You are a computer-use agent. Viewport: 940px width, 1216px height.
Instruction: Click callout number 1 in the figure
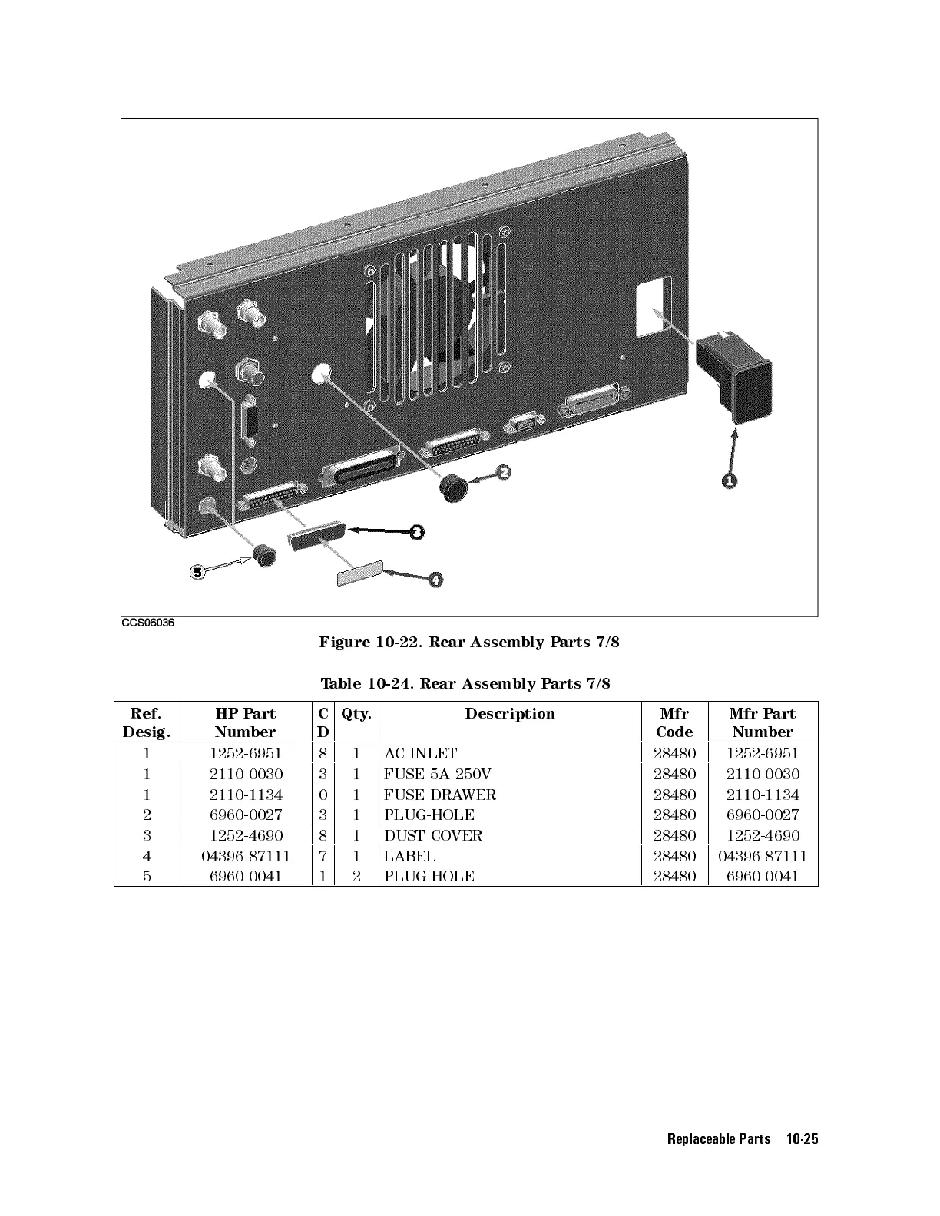tap(729, 481)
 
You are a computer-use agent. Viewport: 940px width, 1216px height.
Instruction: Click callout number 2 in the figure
tap(503, 473)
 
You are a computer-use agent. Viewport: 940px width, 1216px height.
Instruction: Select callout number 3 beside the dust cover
tap(416, 532)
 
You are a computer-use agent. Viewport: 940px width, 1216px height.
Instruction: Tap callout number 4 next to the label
tap(435, 580)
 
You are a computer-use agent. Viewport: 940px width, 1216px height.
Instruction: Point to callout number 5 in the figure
tap(197, 572)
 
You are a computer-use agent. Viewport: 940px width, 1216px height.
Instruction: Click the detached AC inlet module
tap(733, 378)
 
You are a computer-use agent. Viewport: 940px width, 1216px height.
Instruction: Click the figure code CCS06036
tap(148, 623)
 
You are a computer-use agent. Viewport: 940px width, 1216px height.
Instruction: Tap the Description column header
tap(510, 714)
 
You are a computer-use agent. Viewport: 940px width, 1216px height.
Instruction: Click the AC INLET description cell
tap(421, 754)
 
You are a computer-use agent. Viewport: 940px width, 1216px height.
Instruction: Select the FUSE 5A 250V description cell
tap(438, 775)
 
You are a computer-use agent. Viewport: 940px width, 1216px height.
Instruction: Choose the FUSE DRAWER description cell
tap(440, 795)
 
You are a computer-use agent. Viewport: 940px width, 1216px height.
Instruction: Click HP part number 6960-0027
tap(246, 815)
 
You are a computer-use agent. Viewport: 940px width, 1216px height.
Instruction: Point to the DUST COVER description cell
tap(433, 835)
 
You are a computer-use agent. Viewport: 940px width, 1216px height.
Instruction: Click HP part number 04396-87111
tap(246, 856)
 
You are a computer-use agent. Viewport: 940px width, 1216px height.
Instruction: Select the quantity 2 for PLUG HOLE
tap(356, 877)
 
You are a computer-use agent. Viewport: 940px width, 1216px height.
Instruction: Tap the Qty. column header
tap(356, 714)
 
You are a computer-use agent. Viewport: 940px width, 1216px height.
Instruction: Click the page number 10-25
tap(802, 1139)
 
